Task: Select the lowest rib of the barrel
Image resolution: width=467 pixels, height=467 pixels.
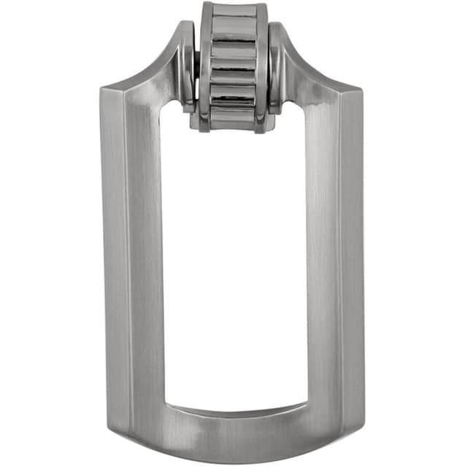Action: (233, 117)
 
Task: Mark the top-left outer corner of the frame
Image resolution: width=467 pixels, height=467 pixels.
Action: (102, 89)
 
